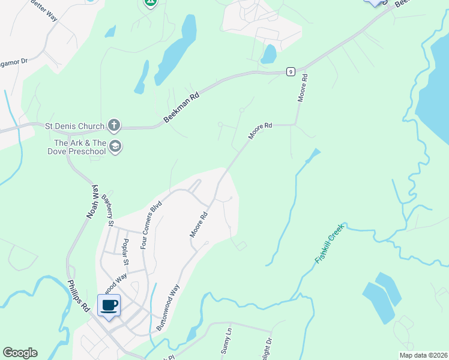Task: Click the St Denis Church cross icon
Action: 113,126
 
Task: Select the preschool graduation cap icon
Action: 115,146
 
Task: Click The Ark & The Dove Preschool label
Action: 80,147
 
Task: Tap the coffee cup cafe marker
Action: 109,305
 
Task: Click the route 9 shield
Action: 291,71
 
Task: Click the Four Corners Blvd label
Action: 151,225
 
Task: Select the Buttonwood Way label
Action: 167,307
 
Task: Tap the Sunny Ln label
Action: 228,341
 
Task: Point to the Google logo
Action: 20,353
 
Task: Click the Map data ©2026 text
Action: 423,355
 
